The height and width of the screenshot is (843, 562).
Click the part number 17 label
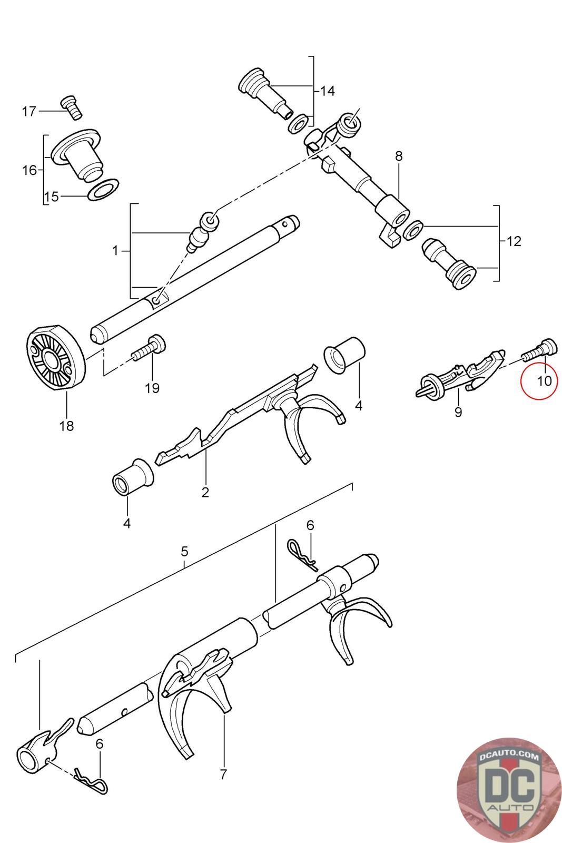click(29, 111)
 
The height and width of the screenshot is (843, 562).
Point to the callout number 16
click(29, 170)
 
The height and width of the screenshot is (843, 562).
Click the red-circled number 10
click(544, 380)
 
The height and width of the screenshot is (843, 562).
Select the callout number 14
click(327, 91)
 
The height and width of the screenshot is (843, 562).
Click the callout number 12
click(514, 242)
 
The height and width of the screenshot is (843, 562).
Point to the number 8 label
click(399, 156)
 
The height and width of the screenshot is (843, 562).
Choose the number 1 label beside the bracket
click(116, 251)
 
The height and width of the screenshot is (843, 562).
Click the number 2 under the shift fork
click(205, 493)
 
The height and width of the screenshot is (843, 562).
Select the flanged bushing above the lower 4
click(132, 476)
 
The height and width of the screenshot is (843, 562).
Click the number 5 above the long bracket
click(184, 552)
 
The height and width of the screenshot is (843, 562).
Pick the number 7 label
click(223, 775)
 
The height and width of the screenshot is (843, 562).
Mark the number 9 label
click(458, 411)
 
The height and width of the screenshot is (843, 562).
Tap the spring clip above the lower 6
click(91, 779)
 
